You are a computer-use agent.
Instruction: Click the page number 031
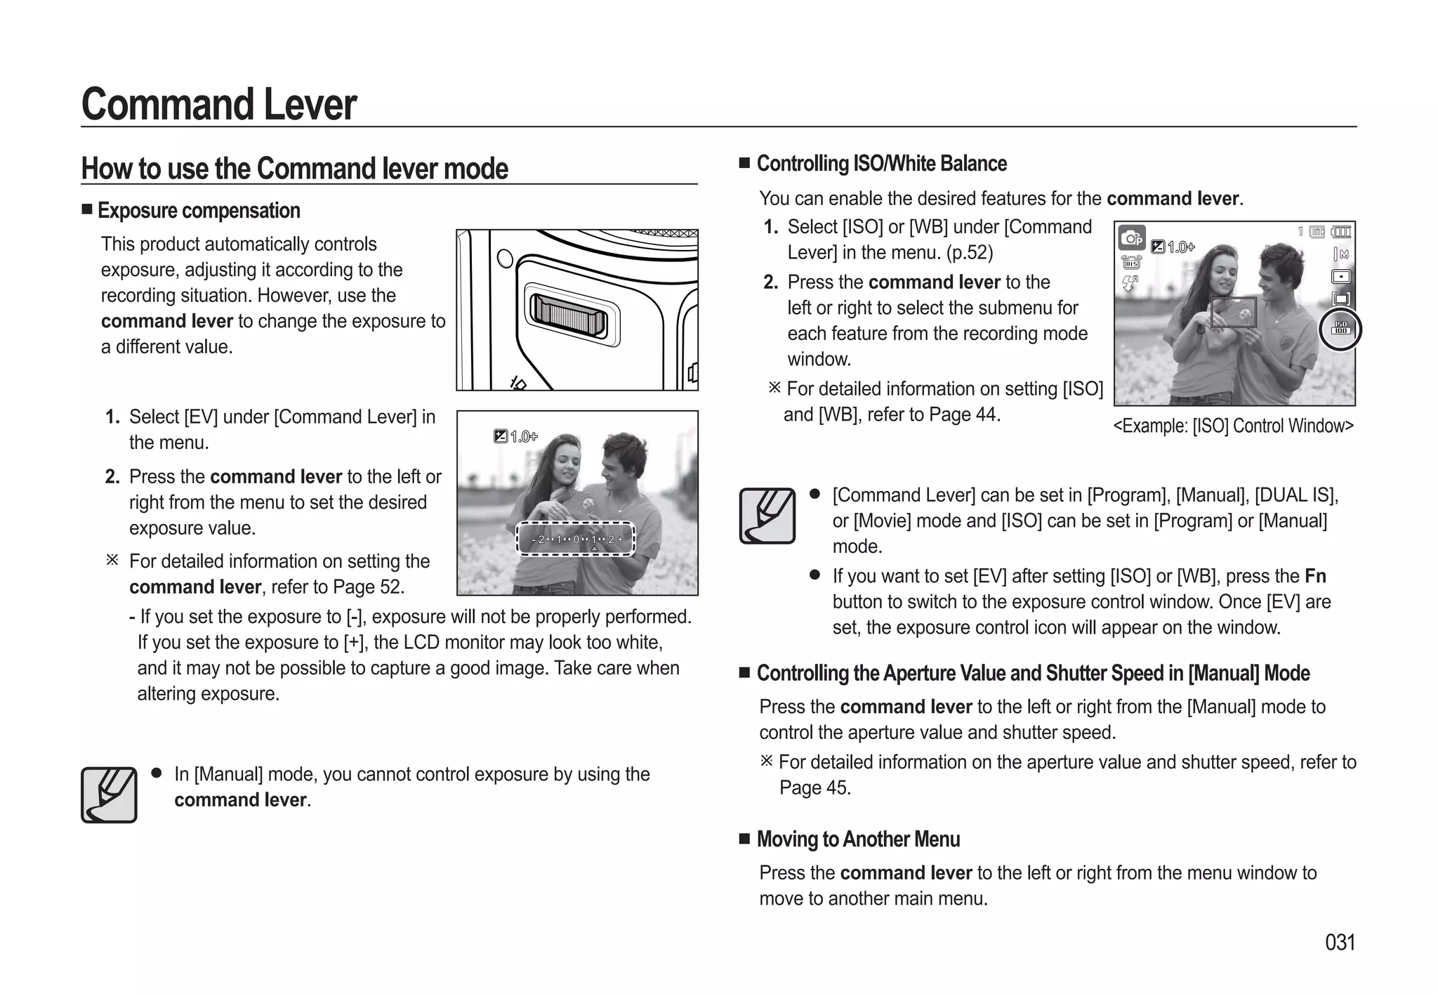pos(1339,942)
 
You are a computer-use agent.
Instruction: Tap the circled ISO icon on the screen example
pos(1340,329)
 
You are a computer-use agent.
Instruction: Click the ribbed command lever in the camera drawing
pos(568,314)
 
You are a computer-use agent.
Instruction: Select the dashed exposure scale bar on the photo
pos(576,539)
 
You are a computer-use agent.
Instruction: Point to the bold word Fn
pos(1315,576)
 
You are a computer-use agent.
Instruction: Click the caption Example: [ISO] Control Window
pos(1233,426)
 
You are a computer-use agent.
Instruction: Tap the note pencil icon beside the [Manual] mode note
pos(109,794)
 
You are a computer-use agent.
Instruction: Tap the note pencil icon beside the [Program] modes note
pos(767,516)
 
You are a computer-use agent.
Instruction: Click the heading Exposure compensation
pos(199,210)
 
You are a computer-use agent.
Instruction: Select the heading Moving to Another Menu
pos(858,839)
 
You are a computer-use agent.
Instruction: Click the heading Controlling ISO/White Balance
pos(881,164)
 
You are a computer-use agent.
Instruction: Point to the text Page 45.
pos(814,788)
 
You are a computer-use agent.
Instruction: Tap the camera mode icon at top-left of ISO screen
pos(1131,238)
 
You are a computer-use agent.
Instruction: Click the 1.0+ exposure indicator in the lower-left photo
pos(516,437)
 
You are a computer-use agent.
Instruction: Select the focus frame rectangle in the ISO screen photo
pos(1233,312)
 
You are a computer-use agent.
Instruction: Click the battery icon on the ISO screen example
pos(1341,232)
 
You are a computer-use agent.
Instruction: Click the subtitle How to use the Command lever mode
pos(295,169)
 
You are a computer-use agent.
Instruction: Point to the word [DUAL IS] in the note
pos(1295,495)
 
